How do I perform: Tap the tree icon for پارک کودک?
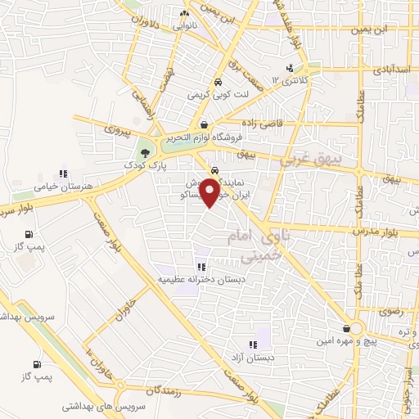click(x=145, y=152)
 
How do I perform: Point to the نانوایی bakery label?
click(x=182, y=26)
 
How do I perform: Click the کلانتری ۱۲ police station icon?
click(x=289, y=68)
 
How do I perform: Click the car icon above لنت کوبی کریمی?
click(x=218, y=83)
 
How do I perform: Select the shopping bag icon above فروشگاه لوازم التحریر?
click(x=203, y=125)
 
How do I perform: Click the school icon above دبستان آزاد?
click(x=253, y=344)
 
